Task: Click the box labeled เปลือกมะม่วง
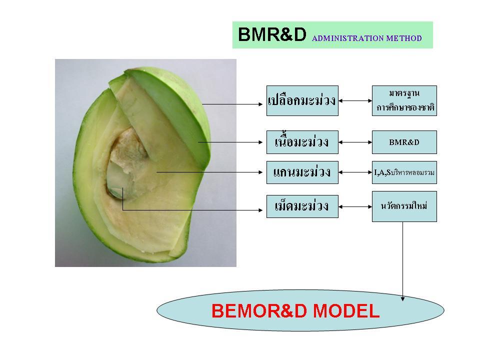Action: (302, 100)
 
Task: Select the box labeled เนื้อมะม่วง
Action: (302, 142)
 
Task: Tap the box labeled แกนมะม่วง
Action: (302, 172)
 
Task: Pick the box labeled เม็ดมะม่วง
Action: (302, 206)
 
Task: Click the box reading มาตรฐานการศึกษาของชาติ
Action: (404, 100)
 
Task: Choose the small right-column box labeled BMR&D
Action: (404, 142)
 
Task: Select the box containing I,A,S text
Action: (404, 172)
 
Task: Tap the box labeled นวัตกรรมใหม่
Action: (404, 206)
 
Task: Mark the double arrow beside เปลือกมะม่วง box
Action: (355, 101)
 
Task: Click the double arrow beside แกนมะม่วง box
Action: (355, 173)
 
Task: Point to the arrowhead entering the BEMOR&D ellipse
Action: (403, 298)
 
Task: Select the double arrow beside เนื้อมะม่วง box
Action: (355, 142)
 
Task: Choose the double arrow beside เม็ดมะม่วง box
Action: (355, 206)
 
